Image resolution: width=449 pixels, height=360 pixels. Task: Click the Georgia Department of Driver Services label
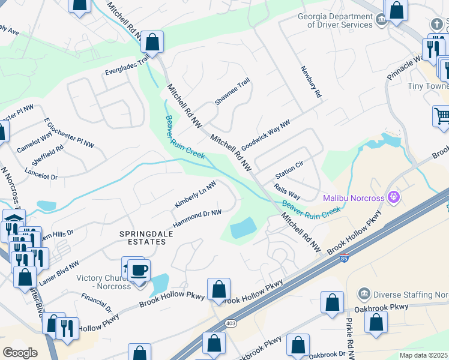pyautogui.click(x=336, y=20)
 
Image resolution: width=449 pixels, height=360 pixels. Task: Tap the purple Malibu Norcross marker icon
pyautogui.click(x=394, y=196)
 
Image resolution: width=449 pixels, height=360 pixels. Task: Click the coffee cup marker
pyautogui.click(x=139, y=271)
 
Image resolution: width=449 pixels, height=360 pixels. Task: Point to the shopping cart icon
pyautogui.click(x=442, y=115)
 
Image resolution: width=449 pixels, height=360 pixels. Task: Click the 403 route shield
pyautogui.click(x=232, y=323)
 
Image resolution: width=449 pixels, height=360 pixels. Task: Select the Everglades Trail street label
pyautogui.click(x=128, y=65)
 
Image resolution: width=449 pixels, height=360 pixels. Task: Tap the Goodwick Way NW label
pyautogui.click(x=265, y=136)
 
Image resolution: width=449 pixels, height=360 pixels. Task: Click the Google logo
pyautogui.click(x=20, y=353)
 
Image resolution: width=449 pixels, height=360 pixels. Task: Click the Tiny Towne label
pyautogui.click(x=428, y=86)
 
